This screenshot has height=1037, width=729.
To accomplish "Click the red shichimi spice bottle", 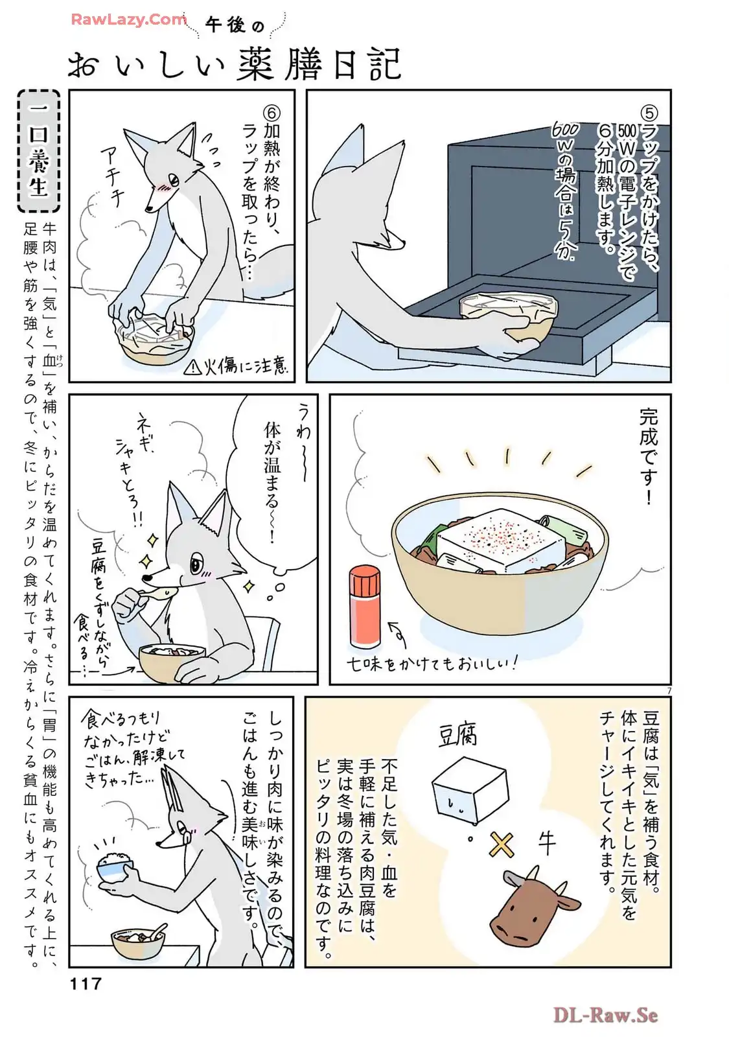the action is coord(365,607).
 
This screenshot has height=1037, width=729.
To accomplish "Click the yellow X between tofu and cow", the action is coord(502,845).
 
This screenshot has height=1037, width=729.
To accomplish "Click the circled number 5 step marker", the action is coord(650,113).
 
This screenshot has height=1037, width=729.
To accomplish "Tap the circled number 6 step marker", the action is coord(272,113).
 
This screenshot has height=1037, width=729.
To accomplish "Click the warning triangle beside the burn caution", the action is coord(191,367).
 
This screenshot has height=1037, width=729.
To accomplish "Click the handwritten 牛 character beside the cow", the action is coord(546,842).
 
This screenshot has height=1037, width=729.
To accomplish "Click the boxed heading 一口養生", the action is coord(39,150).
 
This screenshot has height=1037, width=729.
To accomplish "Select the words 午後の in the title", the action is coord(234,26).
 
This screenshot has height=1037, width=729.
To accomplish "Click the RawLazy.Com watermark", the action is coord(129,19).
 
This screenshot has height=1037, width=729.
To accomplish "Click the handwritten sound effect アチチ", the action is coord(113,178).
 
